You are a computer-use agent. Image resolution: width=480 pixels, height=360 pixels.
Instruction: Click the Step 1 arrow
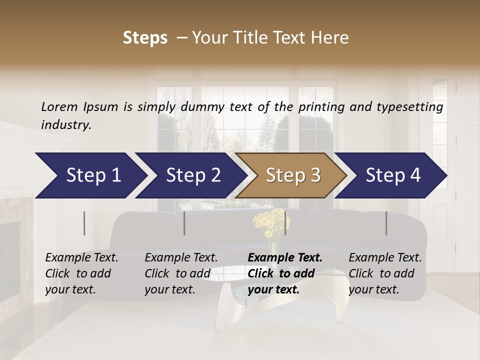(x=90, y=175)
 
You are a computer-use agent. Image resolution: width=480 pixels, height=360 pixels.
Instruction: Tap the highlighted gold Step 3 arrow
(x=292, y=175)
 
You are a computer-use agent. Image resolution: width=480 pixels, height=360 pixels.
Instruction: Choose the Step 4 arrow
(x=392, y=175)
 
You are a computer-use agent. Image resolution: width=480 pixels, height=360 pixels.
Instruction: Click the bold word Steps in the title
(x=145, y=38)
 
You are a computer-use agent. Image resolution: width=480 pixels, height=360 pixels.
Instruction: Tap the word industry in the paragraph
(x=65, y=124)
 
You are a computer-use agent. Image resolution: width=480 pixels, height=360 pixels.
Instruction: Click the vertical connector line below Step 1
(x=84, y=223)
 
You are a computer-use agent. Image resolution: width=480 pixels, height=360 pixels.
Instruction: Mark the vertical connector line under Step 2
(x=184, y=223)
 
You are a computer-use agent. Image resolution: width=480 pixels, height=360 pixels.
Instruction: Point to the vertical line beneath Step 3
(x=285, y=223)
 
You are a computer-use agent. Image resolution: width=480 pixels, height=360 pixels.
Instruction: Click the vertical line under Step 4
(x=386, y=223)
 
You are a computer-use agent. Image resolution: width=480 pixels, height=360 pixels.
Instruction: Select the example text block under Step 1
(x=81, y=273)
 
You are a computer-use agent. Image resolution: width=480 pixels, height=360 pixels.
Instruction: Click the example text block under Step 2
(x=180, y=273)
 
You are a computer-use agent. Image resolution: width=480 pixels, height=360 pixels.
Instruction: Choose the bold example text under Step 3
(x=284, y=273)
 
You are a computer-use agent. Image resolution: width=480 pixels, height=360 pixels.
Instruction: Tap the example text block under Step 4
(x=384, y=273)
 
